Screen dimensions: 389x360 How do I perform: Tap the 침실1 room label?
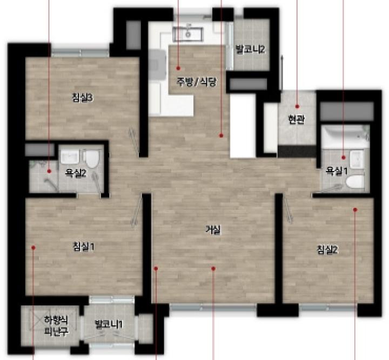(x=84, y=247)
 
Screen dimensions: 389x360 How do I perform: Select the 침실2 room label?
(x=327, y=249)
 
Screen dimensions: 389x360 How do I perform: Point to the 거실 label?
(x=213, y=230)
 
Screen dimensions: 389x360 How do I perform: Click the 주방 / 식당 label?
(x=197, y=81)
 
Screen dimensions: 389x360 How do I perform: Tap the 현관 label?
(x=297, y=120)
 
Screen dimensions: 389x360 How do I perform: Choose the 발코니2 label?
(x=250, y=49)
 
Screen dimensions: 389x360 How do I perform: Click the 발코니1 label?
(x=109, y=324)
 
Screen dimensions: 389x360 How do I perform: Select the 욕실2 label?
(x=76, y=173)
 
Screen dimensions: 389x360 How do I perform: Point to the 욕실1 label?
(x=337, y=171)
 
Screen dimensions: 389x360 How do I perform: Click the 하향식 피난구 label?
(x=56, y=325)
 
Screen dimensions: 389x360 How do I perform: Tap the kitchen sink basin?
(x=188, y=34)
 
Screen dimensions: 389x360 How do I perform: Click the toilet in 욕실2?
(x=91, y=159)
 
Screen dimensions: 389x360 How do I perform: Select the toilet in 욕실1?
(x=355, y=181)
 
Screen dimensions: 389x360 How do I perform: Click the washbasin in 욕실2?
(x=70, y=156)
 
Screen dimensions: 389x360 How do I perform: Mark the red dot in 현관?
(x=297, y=106)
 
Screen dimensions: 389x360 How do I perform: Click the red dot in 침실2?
(x=355, y=209)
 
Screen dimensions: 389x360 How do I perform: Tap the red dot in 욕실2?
(x=49, y=171)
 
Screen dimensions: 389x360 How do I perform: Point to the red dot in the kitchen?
(x=178, y=68)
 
